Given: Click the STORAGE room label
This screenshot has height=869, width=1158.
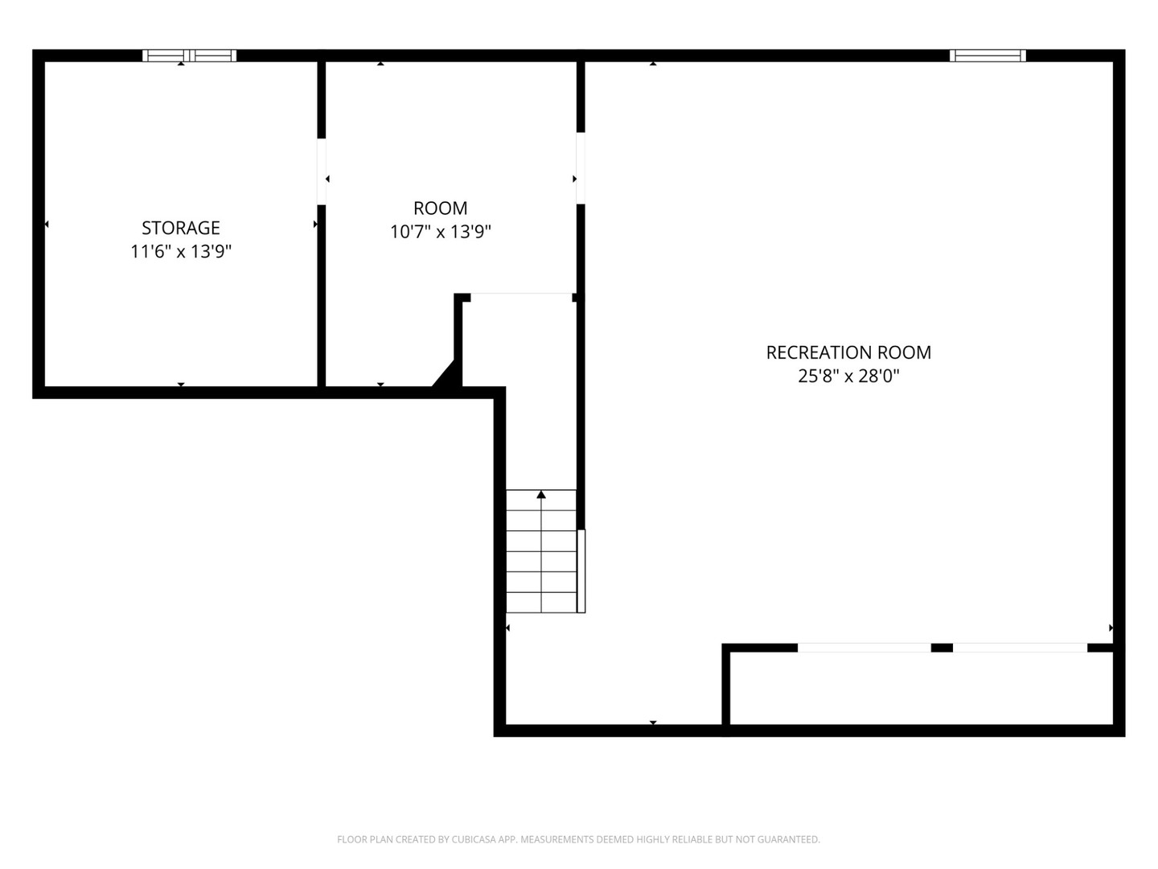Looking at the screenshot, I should coord(181,228).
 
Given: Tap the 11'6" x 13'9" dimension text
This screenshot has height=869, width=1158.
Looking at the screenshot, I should coord(181,252).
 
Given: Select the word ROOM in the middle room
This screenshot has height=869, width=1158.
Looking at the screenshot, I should coord(441,208).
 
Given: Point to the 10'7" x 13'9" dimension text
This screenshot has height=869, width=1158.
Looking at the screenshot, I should coord(441,233).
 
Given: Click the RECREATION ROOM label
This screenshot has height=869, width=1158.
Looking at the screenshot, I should coord(848,352).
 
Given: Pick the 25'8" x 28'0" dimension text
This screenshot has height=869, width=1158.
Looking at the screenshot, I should coord(848,376).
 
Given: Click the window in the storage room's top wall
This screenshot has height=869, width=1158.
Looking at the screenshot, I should coord(189,56).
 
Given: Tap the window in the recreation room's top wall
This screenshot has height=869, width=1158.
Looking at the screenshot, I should coord(988,56).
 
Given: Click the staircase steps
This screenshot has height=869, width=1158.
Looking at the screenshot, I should coord(541,555).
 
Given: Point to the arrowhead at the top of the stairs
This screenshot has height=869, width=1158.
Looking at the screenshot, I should coord(541,494).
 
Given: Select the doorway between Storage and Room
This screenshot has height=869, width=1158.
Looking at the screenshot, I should coord(322,171).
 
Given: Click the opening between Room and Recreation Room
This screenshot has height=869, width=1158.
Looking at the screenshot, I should coord(580,168).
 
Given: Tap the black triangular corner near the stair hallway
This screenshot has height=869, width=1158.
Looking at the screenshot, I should coord(447,376).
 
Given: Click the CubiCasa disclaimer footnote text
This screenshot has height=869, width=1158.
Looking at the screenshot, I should coord(578,839).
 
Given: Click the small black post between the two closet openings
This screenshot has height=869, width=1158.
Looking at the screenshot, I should coord(942,648).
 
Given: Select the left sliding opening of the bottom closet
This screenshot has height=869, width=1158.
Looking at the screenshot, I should coord(864,648).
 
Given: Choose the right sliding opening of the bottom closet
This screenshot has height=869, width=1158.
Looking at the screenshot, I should coord(1020,648).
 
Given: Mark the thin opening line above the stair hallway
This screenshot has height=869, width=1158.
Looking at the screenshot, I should coord(521,294).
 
